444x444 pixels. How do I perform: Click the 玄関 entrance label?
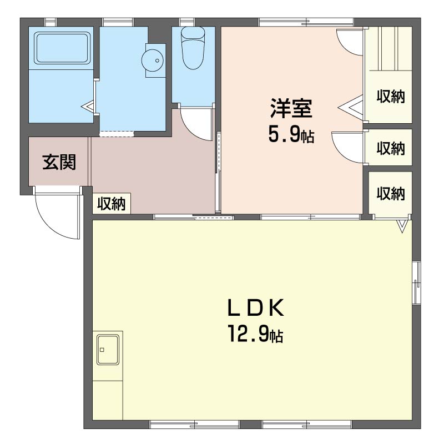(x=59, y=163)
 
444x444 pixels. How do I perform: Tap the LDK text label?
(x=255, y=307)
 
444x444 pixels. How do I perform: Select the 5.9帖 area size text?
(x=291, y=135)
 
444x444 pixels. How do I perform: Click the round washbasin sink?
(x=153, y=59)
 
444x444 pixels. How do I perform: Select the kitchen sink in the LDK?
(x=108, y=350)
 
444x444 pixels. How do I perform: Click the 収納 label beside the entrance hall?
(x=112, y=204)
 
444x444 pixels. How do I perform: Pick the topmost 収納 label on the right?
(x=391, y=97)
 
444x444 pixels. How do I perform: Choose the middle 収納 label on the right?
(x=391, y=149)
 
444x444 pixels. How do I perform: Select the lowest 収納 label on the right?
(x=391, y=194)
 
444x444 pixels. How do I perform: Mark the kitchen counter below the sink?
(x=108, y=400)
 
